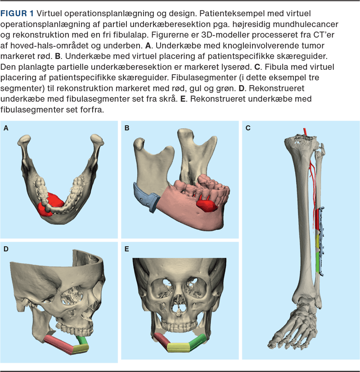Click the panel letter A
pyautogui.click(x=6, y=128)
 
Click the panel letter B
pyautogui.click(x=127, y=128)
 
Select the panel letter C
pyautogui.click(x=248, y=128)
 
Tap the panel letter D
pyautogui.click(x=6, y=248)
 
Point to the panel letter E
pyautogui.click(x=127, y=248)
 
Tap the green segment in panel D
pyautogui.click(x=83, y=339)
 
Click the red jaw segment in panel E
pyautogui.click(x=161, y=341)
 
